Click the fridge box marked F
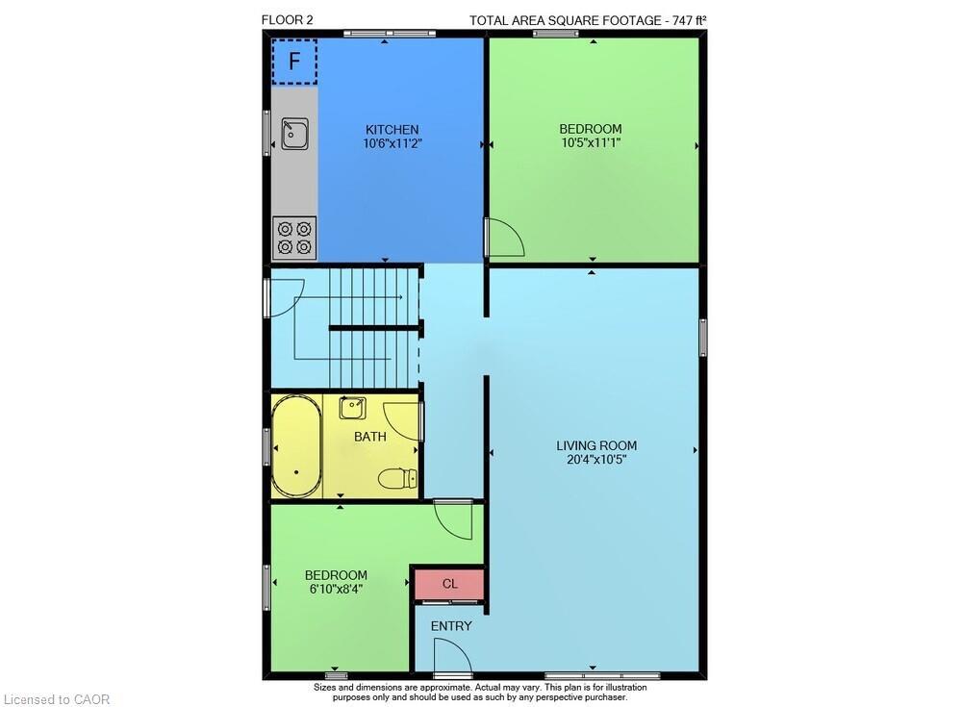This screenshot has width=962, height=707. tap(294, 62)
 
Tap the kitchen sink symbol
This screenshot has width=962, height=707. tap(294, 133)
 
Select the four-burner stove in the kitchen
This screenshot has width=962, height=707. tap(294, 238)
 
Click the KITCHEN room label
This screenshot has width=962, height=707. tap(392, 130)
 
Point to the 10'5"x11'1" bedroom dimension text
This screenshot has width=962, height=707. tap(591, 142)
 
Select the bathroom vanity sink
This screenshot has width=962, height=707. tap(353, 407)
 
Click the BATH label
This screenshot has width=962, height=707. tap(370, 437)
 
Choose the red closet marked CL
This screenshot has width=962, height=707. tap(449, 584)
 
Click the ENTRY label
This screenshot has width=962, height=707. tap(451, 626)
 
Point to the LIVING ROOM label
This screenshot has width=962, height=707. tap(596, 445)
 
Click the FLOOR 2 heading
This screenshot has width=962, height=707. tap(287, 19)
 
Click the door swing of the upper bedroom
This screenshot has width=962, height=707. tap(503, 238)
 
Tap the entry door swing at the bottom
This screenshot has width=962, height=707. tap(451, 657)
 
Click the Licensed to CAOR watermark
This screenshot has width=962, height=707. tap(58, 699)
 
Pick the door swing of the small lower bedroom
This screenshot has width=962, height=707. tap(454, 520)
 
